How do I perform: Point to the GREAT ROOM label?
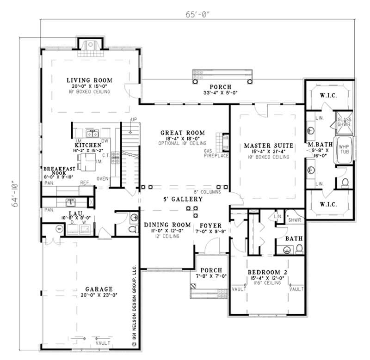click(x=179, y=133)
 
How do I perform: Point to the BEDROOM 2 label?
click(x=267, y=273)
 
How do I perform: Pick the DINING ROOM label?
click(x=167, y=225)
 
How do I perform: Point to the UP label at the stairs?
click(x=134, y=120)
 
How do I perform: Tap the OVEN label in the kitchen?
click(x=102, y=178)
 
